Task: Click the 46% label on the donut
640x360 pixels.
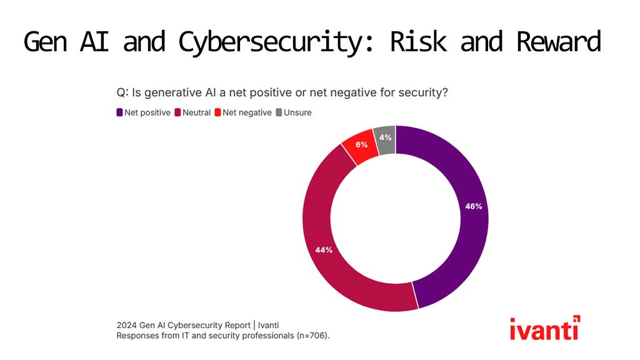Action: tap(474, 206)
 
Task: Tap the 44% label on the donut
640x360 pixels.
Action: tap(324, 250)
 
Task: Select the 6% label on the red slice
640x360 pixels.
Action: tap(361, 144)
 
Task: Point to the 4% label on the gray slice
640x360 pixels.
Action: tap(385, 137)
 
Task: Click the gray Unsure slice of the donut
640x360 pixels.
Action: tap(385, 140)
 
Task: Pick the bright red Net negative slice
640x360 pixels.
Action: tap(361, 147)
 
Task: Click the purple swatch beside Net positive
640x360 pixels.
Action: tap(119, 112)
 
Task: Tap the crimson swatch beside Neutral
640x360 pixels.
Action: tap(177, 112)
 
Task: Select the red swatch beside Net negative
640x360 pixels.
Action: tap(217, 112)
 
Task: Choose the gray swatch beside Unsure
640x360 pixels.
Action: tap(279, 112)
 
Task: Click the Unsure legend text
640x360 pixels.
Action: tap(297, 112)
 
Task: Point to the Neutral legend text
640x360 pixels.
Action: tap(196, 112)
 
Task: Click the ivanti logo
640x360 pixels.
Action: tap(545, 327)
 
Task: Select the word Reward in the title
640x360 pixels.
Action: tap(559, 41)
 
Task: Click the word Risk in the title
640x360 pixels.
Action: tap(418, 41)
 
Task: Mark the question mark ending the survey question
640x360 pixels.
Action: tap(445, 92)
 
